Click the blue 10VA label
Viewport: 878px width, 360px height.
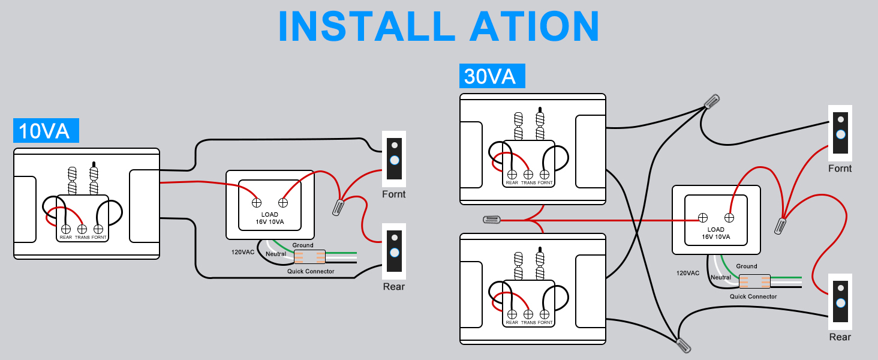pyautogui.click(x=46, y=131)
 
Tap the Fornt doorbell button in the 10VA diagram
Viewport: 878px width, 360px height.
pyautogui.click(x=394, y=160)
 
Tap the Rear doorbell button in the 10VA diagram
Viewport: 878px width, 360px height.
pyautogui.click(x=394, y=253)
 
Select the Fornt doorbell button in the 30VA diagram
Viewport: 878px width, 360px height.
pyautogui.click(x=840, y=134)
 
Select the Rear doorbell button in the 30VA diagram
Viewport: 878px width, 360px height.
pyautogui.click(x=840, y=303)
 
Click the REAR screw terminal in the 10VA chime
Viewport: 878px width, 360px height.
pyautogui.click(x=66, y=229)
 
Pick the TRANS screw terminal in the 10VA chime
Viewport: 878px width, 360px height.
pyautogui.click(x=82, y=229)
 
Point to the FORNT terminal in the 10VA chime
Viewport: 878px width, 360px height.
pyautogui.click(x=98, y=229)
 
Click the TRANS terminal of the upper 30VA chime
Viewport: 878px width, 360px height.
pyautogui.click(x=528, y=174)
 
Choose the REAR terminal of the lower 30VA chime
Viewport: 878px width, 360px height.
pyautogui.click(x=512, y=314)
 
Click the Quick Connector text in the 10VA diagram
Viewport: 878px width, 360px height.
pyautogui.click(x=311, y=272)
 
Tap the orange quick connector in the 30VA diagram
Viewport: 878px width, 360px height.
pyautogui.click(x=754, y=281)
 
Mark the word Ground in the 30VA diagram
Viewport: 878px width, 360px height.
pyautogui.click(x=747, y=266)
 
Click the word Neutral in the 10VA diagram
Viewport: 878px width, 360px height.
pyautogui.click(x=276, y=254)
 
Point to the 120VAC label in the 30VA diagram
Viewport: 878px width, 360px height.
pyautogui.click(x=688, y=273)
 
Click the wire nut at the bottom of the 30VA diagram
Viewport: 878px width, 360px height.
pyautogui.click(x=683, y=345)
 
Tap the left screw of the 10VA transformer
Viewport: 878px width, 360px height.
pyautogui.click(x=256, y=203)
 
